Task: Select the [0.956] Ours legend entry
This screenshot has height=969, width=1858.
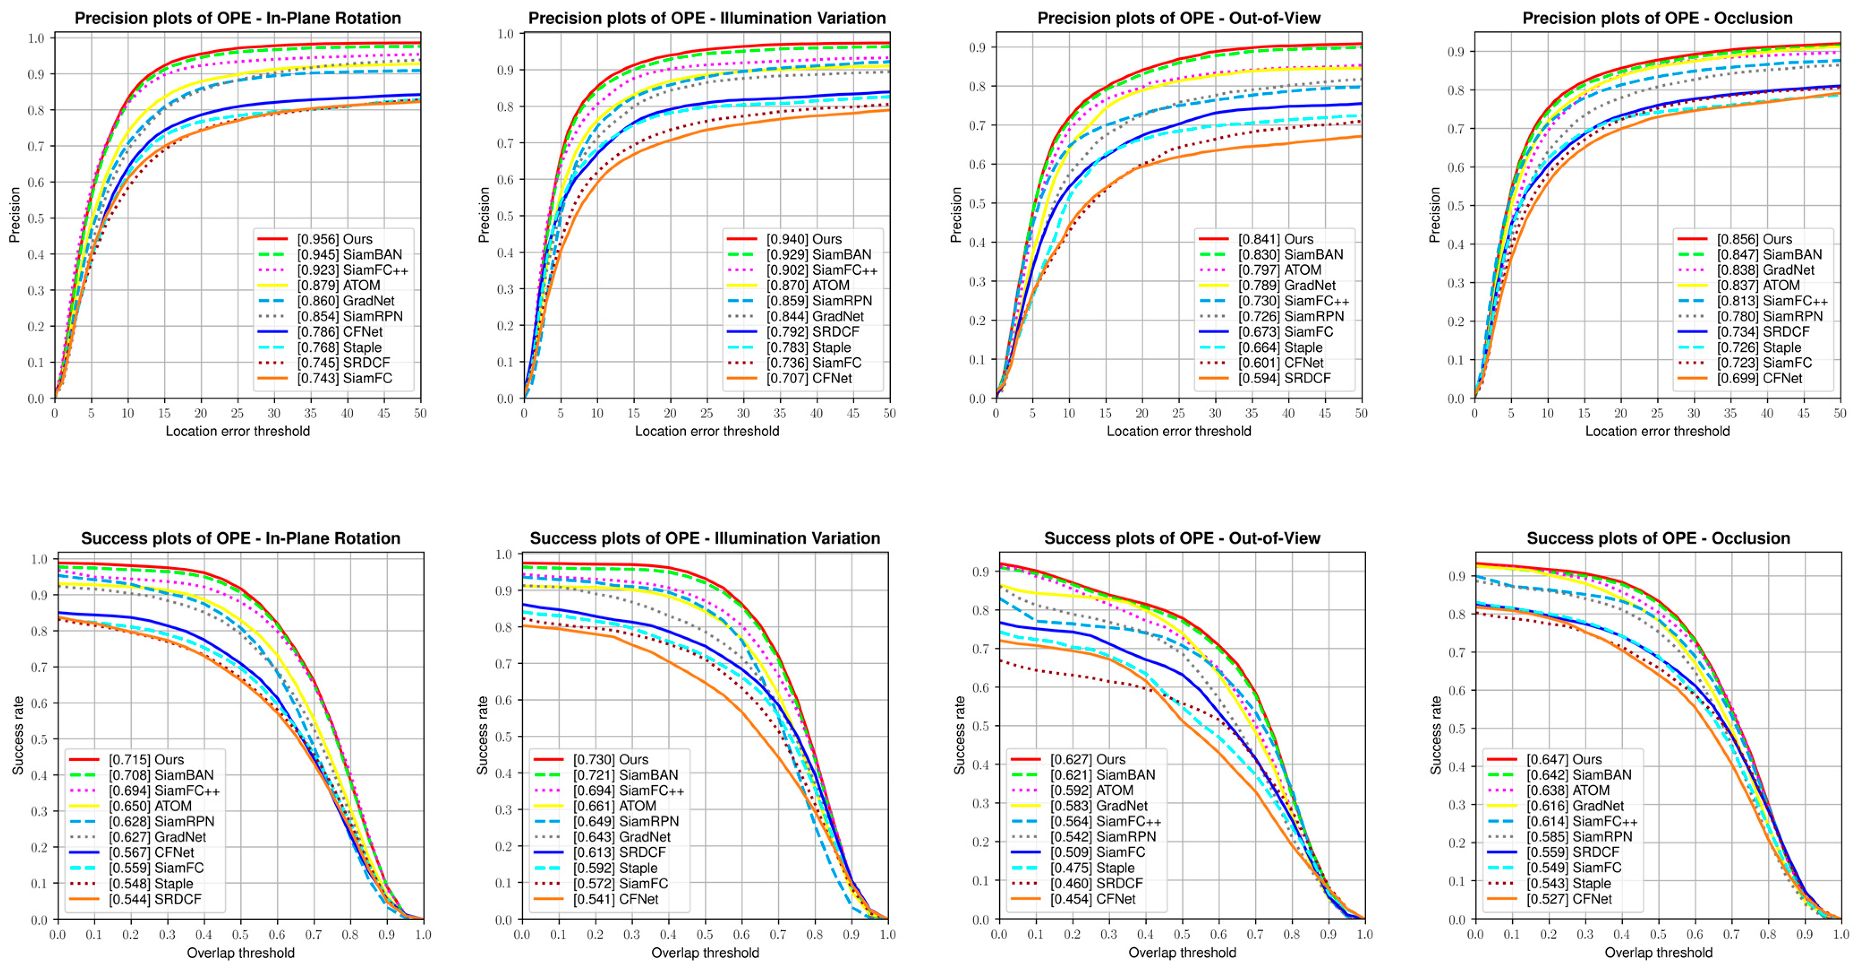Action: tap(335, 239)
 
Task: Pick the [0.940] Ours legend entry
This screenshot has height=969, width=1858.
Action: tap(804, 239)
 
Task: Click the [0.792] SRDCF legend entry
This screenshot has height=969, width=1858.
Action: tap(812, 332)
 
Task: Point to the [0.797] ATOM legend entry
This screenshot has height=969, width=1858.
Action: tap(1279, 270)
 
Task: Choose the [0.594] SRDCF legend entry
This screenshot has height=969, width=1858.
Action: tap(1284, 378)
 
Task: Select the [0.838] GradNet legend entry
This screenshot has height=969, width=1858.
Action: tap(1764, 270)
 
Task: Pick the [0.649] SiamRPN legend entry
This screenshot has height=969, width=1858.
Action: tap(625, 822)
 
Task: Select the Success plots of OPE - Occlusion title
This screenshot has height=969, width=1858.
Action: tap(1658, 538)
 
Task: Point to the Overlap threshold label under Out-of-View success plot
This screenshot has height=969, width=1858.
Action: tap(1181, 952)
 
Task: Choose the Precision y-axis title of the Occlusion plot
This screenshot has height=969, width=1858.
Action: tap(1435, 214)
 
